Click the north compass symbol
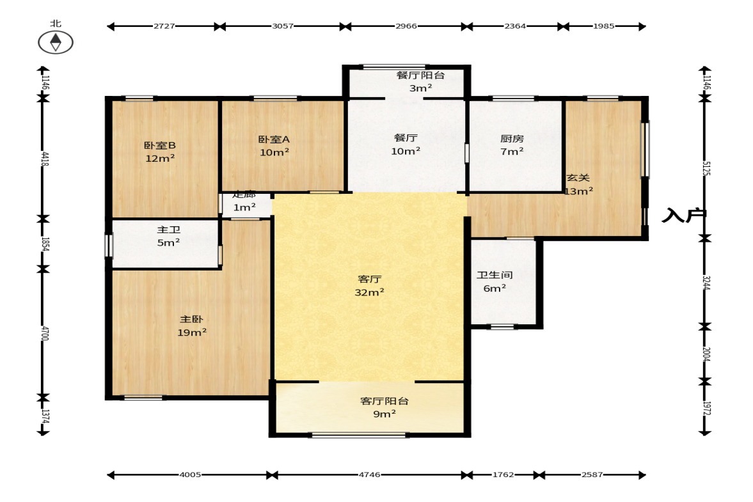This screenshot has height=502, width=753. [x=56, y=42]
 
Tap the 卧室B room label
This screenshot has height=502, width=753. [x=160, y=145]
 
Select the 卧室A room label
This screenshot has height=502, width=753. [x=274, y=139]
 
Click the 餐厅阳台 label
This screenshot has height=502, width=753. [x=421, y=75]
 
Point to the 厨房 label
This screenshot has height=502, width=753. [x=512, y=138]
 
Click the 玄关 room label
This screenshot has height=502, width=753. [x=578, y=178]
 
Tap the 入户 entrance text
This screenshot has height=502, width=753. [x=684, y=216]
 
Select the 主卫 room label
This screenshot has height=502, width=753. [x=168, y=230]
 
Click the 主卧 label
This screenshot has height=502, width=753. [x=192, y=319]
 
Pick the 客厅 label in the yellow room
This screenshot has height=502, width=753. [x=369, y=279]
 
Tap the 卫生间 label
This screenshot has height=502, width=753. [x=495, y=275]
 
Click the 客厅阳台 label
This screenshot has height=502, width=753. [x=384, y=401]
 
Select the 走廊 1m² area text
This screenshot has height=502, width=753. [x=244, y=201]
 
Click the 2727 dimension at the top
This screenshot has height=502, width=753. [x=164, y=26]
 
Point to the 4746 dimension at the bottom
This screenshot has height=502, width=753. [x=369, y=475]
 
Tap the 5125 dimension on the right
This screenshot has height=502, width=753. [x=706, y=168]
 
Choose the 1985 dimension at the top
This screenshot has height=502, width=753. [x=604, y=26]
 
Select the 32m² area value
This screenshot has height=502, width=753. [x=369, y=292]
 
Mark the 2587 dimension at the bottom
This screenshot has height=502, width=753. [x=592, y=475]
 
